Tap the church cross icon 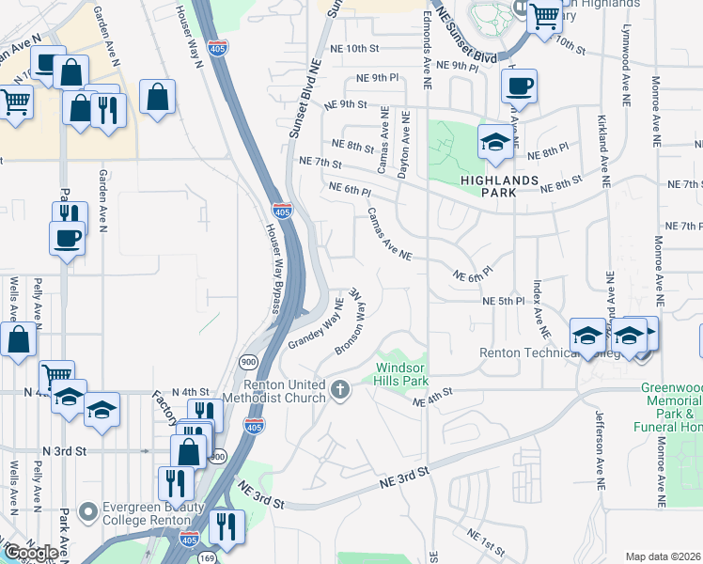[341, 387]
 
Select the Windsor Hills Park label [401, 374]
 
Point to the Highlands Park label [499, 185]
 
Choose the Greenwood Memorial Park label [671, 406]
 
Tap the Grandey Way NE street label [315, 325]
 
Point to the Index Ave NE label [539, 307]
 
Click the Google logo [31, 553]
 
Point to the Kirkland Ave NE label [601, 147]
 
